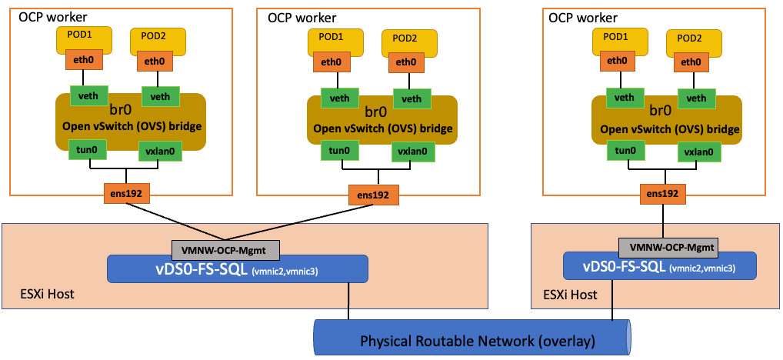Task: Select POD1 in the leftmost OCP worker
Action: [82, 38]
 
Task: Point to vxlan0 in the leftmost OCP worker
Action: [159, 152]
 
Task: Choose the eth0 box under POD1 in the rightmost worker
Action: [617, 61]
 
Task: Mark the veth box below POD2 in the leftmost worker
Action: [160, 96]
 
